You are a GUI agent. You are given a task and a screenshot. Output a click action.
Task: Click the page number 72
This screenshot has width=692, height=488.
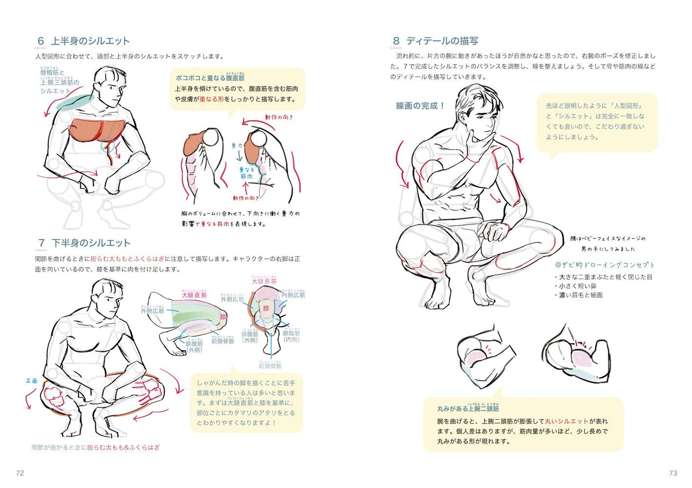20,473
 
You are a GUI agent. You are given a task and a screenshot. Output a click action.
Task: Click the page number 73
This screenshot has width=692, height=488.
673,473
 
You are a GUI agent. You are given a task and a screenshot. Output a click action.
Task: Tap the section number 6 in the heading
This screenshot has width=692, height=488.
41,41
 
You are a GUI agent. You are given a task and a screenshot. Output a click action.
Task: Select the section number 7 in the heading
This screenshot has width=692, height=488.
41,243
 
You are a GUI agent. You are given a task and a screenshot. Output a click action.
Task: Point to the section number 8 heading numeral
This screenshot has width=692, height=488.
396,41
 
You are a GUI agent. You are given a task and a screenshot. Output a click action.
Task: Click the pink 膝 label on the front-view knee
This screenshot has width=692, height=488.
266,308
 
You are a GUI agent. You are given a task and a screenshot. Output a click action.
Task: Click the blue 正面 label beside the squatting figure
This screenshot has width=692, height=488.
31,380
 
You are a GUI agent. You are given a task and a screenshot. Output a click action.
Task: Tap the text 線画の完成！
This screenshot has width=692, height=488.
420,106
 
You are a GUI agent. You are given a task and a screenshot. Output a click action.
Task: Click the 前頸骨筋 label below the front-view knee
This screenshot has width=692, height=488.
270,366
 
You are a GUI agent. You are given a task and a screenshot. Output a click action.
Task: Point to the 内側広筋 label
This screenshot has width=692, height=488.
293,295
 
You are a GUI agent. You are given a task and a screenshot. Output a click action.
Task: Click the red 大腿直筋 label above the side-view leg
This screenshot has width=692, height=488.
194,295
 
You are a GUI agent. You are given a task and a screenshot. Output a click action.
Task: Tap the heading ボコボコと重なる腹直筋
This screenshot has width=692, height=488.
210,78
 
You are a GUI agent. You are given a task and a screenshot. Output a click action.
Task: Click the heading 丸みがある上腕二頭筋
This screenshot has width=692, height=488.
468,408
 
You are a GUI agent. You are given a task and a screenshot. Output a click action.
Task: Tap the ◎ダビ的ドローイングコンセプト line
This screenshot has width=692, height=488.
605,265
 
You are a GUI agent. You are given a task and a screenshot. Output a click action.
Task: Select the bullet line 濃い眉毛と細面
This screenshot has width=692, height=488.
580,295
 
